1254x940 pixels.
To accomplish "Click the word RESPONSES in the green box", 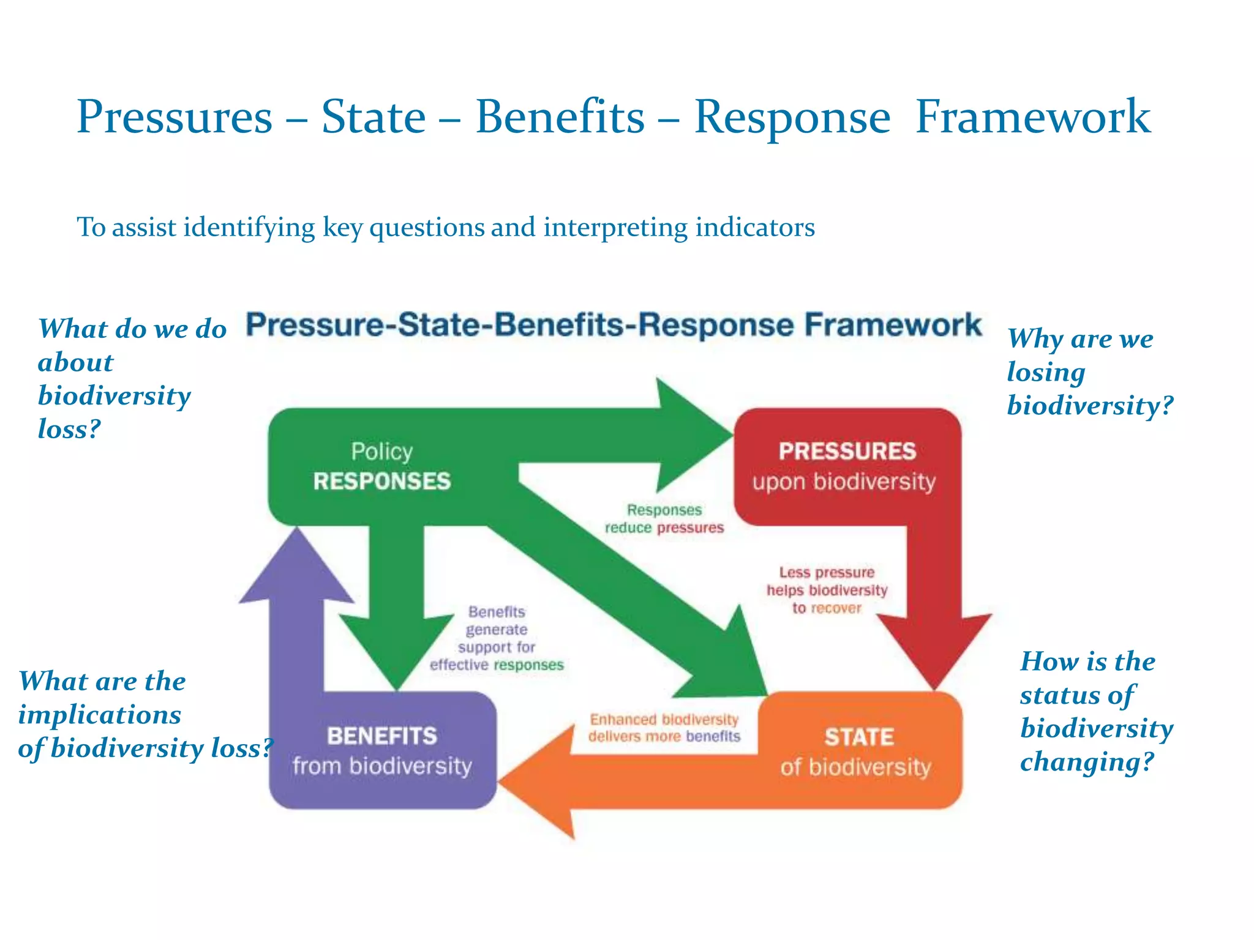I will click(x=382, y=481).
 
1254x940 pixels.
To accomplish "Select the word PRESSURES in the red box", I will click(x=847, y=452).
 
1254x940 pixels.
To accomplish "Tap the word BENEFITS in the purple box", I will click(x=382, y=736).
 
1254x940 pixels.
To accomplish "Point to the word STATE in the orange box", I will click(x=859, y=737).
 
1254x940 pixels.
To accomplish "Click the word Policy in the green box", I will click(x=382, y=452).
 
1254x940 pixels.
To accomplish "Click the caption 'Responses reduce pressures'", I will click(x=664, y=519).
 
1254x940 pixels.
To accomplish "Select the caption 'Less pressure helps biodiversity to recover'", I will click(x=827, y=590).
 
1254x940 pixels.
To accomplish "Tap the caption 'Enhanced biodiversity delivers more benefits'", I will click(x=664, y=728).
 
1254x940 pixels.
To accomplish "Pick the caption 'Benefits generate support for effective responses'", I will click(x=497, y=638).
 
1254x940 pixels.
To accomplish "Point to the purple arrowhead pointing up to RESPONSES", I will click(x=297, y=569).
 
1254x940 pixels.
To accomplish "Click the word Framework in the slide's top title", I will click(x=1032, y=116).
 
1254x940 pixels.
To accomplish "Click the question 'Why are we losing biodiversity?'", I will click(x=1090, y=372).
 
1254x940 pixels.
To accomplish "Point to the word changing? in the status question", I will click(x=1087, y=762).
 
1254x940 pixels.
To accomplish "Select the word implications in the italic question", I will click(x=100, y=715).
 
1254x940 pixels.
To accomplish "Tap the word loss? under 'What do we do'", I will click(x=69, y=429).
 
